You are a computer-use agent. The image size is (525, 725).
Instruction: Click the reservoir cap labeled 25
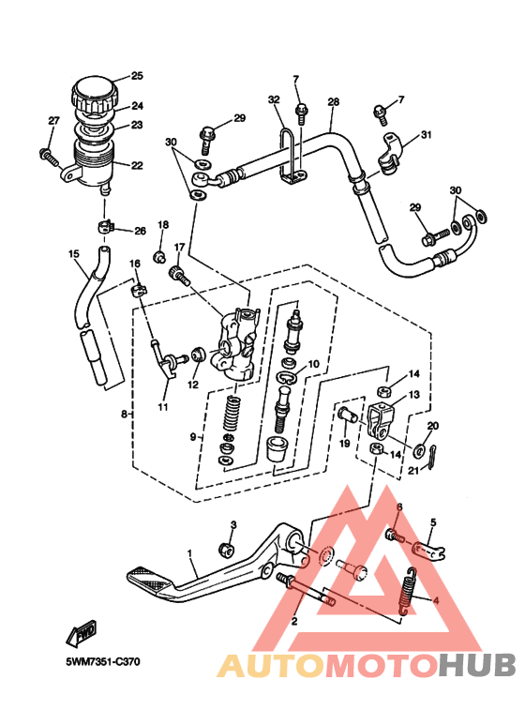[x=95, y=94]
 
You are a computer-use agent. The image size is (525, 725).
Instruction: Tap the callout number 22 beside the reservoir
[x=137, y=165]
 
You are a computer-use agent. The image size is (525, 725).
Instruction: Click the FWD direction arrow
[x=82, y=632]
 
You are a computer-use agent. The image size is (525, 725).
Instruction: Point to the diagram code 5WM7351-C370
[x=102, y=661]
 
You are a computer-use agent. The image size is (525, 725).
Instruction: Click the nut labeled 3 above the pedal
[x=227, y=549]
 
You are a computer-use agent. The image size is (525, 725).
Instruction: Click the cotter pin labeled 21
[x=431, y=457]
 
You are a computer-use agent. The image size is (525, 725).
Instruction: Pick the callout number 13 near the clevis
[x=414, y=395]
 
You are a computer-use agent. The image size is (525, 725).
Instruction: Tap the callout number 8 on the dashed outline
[x=124, y=414]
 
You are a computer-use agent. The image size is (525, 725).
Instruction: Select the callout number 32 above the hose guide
[x=274, y=99]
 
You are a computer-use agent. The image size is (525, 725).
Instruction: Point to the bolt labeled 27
[x=49, y=157]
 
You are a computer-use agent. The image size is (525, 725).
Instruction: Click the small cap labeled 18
[x=160, y=256]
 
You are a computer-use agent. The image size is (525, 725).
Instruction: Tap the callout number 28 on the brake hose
[x=333, y=101]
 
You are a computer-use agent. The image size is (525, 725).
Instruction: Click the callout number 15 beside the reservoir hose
[x=73, y=253]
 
